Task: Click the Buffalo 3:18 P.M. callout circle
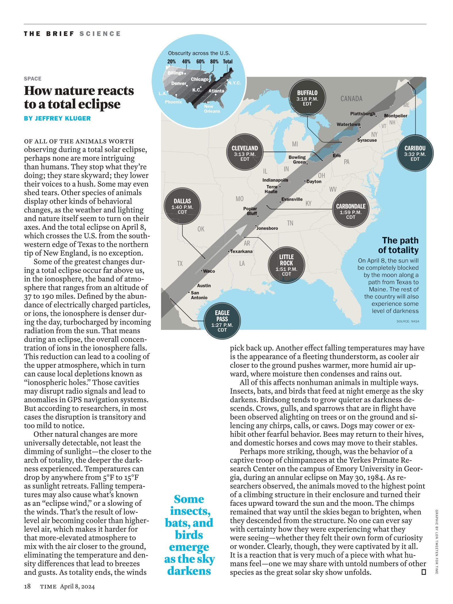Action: [x=307, y=98]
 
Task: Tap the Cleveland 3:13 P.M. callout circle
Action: [x=245, y=153]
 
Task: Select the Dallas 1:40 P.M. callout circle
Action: [x=182, y=206]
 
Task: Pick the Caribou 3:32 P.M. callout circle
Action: [x=415, y=153]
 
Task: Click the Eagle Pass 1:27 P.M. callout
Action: [x=222, y=320]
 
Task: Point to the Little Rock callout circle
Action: [x=286, y=265]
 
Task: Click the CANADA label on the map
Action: [x=351, y=99]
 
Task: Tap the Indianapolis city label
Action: [x=275, y=180]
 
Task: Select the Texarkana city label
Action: [x=241, y=251]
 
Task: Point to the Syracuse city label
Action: [x=367, y=140]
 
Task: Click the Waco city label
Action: [x=209, y=271]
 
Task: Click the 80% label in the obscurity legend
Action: [x=214, y=62]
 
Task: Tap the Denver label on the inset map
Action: [x=178, y=83]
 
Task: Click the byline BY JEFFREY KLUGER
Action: [x=57, y=118]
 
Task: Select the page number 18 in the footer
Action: [x=27, y=586]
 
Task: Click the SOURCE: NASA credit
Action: [x=408, y=321]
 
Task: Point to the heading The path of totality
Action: [x=398, y=245]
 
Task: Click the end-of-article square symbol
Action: [x=423, y=572]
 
